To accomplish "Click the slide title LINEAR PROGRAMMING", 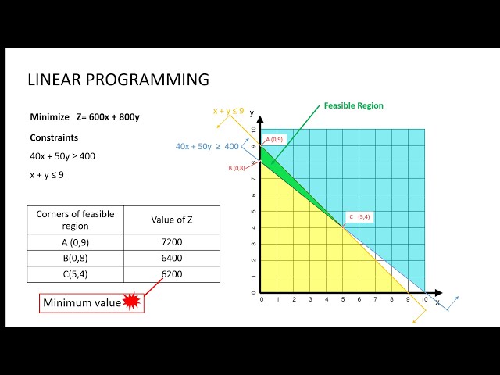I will (118, 80).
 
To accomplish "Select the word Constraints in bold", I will (54, 137).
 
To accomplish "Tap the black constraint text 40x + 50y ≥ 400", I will (62, 156).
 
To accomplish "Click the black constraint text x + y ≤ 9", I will (47, 175).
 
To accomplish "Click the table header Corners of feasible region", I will (76, 220).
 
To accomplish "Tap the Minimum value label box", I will (82, 303).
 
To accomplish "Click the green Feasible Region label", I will (354, 105).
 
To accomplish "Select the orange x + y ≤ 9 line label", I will (228, 111).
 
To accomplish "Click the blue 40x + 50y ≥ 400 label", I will (207, 146).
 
